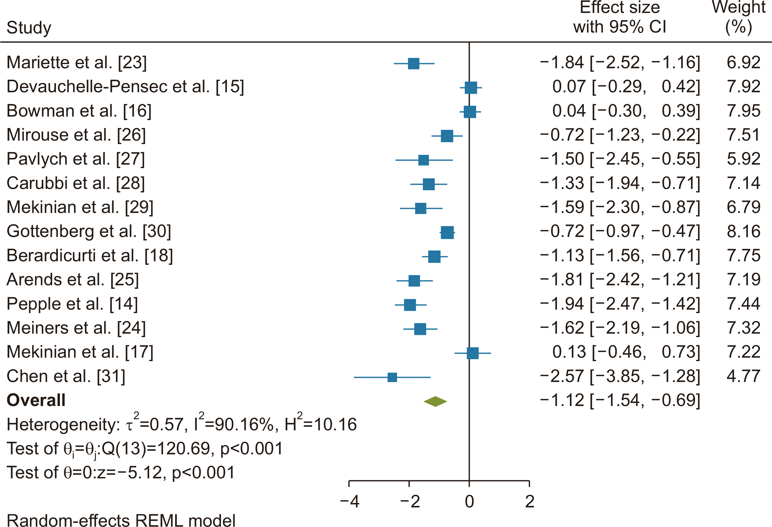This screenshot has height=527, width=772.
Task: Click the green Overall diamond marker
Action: coord(435,402)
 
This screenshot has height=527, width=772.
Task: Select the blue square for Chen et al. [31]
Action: coord(392,377)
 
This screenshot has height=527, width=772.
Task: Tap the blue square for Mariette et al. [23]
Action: coord(414,64)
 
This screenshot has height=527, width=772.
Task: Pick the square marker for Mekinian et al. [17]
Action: coord(473,353)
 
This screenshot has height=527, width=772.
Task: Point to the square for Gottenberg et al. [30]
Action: coord(447,233)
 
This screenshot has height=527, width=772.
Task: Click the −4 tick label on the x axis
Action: coord(349,502)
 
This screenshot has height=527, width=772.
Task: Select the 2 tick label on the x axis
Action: coord(530,502)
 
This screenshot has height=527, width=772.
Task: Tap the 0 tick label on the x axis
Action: coord(469,502)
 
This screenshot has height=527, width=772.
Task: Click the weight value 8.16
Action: coord(744,231)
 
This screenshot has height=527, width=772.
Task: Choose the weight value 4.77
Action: coord(744,376)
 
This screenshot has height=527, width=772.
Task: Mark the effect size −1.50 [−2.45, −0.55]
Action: coord(620,159)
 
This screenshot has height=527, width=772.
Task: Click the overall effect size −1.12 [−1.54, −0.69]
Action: coord(620,400)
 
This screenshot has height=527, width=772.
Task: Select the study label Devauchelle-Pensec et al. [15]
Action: coord(125,86)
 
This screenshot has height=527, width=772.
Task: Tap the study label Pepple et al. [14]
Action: coord(72,304)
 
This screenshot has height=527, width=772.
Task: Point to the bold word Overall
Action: coord(36,400)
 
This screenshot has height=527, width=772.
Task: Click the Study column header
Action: coord(29,27)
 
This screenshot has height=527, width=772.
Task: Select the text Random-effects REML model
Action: coord(121,520)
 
